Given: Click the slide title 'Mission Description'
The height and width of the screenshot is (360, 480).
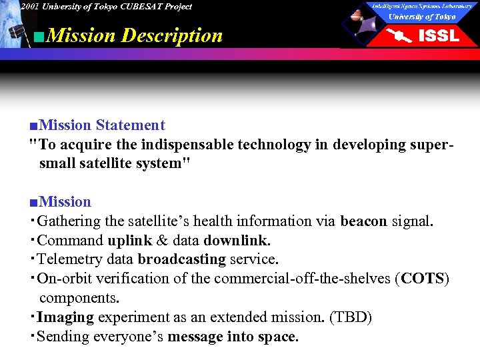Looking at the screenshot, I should coord(135,35).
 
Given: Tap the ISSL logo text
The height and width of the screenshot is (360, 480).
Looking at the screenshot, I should coord(438,35).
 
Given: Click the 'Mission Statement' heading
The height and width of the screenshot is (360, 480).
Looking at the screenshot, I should coord(102,125).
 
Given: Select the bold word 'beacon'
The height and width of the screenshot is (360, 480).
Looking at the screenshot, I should coord(363,221).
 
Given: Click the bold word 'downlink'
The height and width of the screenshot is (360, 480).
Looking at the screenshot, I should coord(235,241).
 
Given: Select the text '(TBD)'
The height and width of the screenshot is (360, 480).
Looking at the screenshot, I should coord(351,317).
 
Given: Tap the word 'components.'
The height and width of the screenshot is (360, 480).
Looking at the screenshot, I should coord(79,298).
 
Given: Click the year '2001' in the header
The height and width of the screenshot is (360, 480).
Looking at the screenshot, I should coord(29,7).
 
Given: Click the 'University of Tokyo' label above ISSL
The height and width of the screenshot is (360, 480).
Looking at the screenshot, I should coord(422,17).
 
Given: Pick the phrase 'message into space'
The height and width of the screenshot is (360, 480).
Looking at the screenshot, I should coord(231,337).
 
